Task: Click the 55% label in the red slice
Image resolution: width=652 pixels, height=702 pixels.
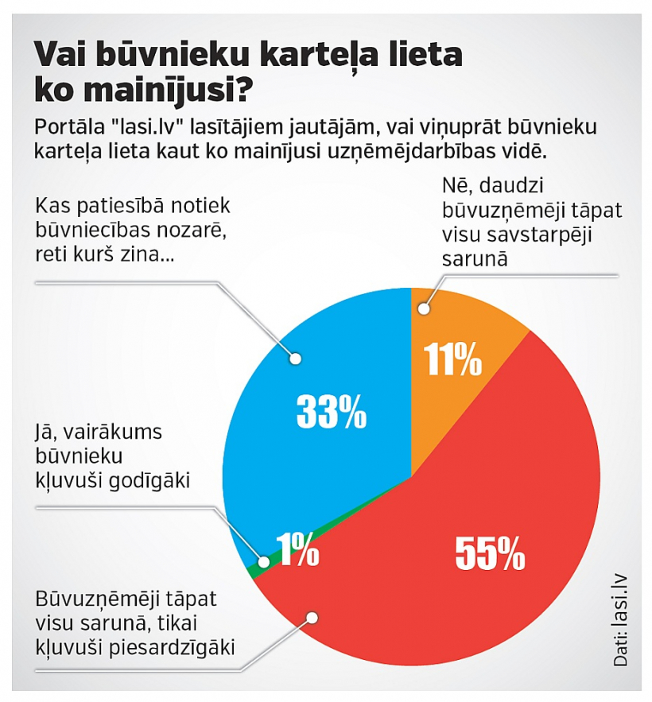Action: (x=490, y=553)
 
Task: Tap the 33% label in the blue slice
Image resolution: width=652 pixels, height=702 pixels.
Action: (x=331, y=411)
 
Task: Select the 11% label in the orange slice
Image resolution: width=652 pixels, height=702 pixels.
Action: (x=453, y=360)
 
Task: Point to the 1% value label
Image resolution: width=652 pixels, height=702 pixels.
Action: (x=298, y=550)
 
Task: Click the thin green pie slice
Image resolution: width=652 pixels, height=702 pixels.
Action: (x=253, y=569)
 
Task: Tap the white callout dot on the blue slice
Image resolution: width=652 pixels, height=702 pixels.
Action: (x=297, y=359)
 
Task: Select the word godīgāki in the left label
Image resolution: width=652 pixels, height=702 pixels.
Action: (x=155, y=479)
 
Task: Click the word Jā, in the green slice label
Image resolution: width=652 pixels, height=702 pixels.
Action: (x=49, y=433)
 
